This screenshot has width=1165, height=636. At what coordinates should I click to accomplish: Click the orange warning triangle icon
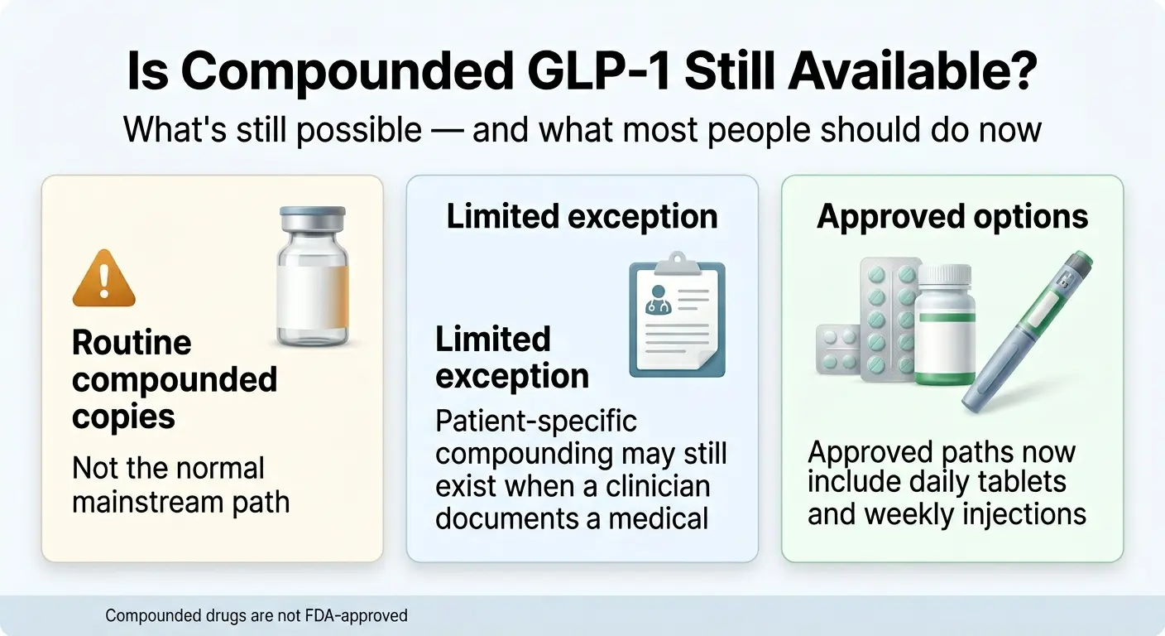click(103, 279)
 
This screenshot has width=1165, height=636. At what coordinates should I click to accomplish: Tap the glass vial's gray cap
click(313, 221)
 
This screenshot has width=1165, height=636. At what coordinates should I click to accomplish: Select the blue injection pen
click(1029, 330)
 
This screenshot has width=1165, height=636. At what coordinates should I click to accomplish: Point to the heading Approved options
click(952, 216)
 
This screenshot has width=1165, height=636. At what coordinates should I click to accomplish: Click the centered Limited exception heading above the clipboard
click(582, 217)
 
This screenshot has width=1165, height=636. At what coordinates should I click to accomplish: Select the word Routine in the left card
click(132, 342)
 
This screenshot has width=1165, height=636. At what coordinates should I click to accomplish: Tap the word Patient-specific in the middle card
click(536, 421)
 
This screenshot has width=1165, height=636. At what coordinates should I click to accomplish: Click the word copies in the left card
click(123, 416)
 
